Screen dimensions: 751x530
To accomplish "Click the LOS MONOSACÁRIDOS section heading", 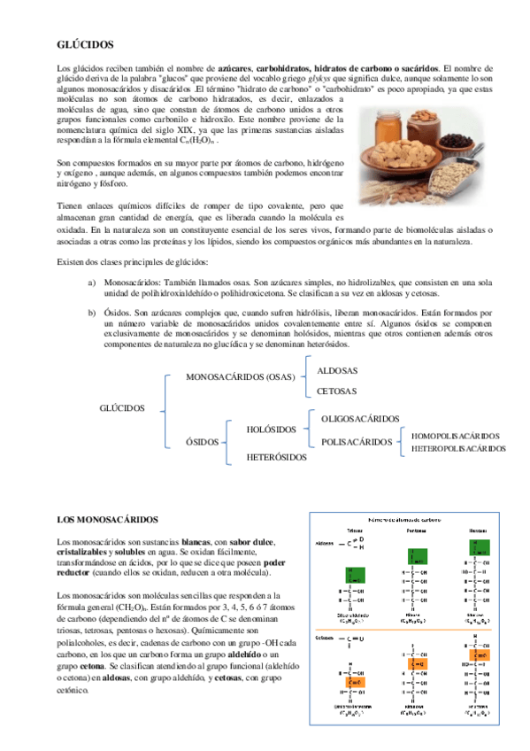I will click(x=107, y=518).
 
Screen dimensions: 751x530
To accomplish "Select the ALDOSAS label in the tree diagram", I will click(x=337, y=370).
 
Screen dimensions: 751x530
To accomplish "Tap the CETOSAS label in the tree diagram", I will click(x=337, y=391).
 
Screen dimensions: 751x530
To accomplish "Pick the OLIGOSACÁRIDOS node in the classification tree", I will click(x=360, y=418).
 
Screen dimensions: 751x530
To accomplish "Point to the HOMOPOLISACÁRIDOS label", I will click(x=455, y=436).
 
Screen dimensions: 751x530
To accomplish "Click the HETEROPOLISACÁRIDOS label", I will click(x=458, y=449).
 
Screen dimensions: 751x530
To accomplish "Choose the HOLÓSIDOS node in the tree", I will click(x=272, y=430).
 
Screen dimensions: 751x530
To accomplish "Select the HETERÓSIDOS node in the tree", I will click(x=276, y=457).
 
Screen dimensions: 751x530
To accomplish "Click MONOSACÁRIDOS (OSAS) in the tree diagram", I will click(x=240, y=377).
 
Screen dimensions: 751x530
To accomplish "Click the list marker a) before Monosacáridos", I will click(x=92, y=281).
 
